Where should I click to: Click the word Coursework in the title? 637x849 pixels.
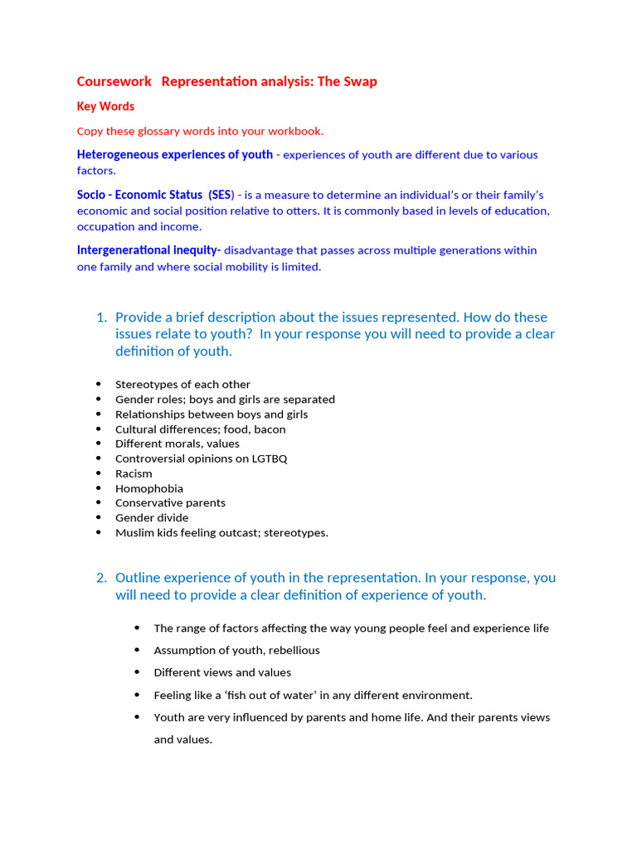pyautogui.click(x=114, y=81)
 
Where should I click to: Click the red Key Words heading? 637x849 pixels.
pyautogui.click(x=105, y=106)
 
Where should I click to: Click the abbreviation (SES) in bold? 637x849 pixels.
pyautogui.click(x=221, y=195)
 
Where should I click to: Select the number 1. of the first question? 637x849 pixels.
pyautogui.click(x=101, y=318)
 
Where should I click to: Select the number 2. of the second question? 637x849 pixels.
pyautogui.click(x=101, y=578)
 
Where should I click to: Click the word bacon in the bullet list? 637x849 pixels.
pyautogui.click(x=270, y=429)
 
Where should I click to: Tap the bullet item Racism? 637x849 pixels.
pyautogui.click(x=134, y=473)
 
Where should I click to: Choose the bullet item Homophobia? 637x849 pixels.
pyautogui.click(x=149, y=488)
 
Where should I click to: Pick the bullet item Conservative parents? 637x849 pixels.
pyautogui.click(x=170, y=503)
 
